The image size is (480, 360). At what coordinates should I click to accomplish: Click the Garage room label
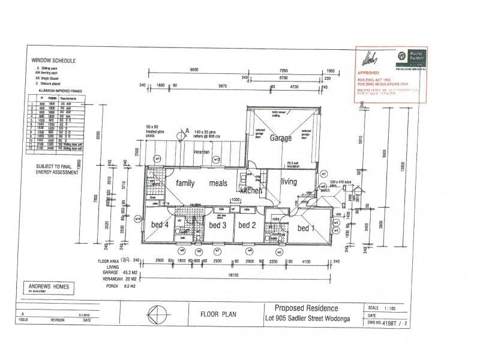click(280, 138)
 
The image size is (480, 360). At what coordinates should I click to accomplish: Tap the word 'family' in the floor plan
click(179, 185)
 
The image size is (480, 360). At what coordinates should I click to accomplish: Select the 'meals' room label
click(220, 185)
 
